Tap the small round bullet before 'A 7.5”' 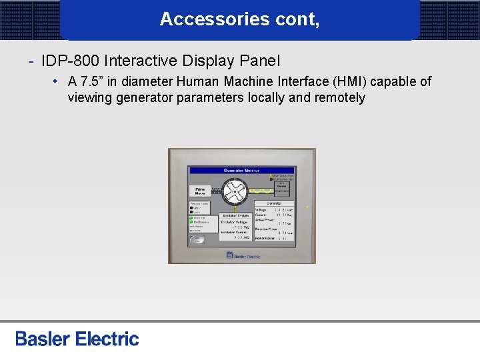(59, 81)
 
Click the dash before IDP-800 (31, 61)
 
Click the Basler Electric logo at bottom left (77, 339)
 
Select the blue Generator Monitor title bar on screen (241, 171)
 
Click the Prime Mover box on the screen (200, 191)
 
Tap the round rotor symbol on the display (235, 193)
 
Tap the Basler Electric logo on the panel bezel (243, 254)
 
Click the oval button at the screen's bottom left (197, 239)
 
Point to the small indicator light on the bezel (307, 207)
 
